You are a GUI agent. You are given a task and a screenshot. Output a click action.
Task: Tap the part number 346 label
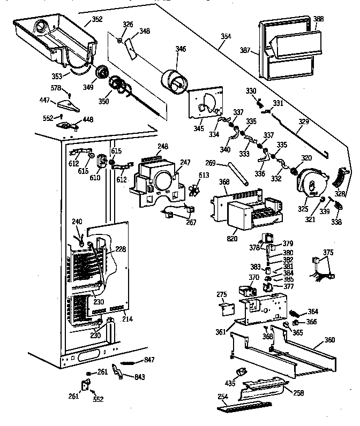(181, 49)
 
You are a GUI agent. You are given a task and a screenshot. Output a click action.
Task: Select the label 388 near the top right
(318, 19)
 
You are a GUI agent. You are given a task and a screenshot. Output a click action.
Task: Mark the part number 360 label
(329, 340)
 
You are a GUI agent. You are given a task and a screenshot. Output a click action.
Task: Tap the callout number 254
(223, 397)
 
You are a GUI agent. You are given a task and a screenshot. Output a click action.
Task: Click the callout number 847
(149, 359)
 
